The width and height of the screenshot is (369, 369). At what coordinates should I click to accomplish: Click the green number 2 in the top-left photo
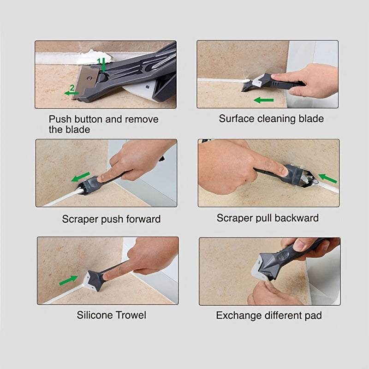[x=72, y=87]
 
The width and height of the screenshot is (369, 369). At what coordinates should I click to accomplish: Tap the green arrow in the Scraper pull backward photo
[x=327, y=178]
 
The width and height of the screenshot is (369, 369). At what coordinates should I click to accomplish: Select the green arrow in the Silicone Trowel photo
[x=68, y=280]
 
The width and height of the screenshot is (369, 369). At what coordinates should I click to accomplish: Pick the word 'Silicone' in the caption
[x=94, y=315]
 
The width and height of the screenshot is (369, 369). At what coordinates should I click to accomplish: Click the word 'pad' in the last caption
[x=313, y=316]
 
